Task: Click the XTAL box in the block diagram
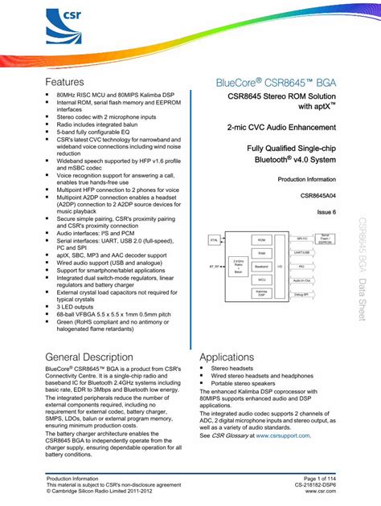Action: click(x=214, y=239)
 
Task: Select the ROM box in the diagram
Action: click(x=260, y=239)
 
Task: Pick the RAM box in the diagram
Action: click(x=260, y=252)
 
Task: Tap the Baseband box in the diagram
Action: click(x=260, y=266)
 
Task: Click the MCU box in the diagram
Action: click(x=260, y=280)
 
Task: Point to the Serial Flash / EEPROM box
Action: click(x=324, y=239)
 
